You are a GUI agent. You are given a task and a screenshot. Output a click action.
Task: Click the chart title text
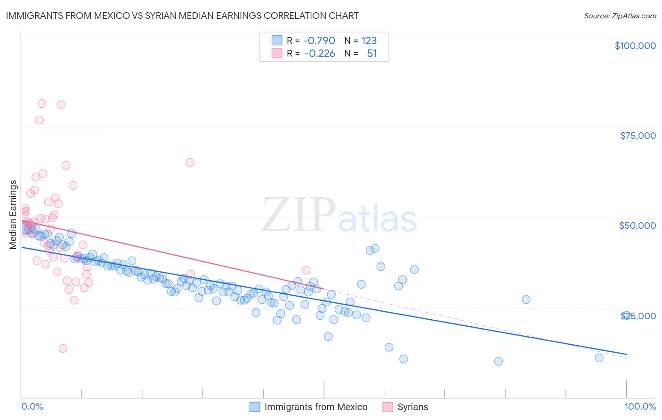[x=182, y=16]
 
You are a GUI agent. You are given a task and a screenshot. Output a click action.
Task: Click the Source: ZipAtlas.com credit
[x=620, y=16]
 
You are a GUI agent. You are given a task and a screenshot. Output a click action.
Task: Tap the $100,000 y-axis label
[x=635, y=46]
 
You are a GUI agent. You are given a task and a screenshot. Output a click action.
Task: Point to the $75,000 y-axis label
[x=638, y=136]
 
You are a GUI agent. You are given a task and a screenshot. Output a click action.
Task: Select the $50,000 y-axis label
[x=638, y=226]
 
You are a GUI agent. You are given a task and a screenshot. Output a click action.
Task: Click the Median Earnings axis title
[x=13, y=214]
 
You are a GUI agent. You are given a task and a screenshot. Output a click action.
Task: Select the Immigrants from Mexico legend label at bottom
[x=315, y=407]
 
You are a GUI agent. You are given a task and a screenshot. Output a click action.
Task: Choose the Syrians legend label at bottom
[x=412, y=407]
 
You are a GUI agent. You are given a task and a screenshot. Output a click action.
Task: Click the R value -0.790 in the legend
[x=319, y=40]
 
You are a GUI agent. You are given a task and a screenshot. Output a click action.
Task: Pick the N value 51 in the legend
[x=372, y=54]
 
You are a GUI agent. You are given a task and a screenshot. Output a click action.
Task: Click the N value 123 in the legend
[x=369, y=40]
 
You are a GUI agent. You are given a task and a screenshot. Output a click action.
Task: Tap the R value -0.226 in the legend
[x=319, y=54]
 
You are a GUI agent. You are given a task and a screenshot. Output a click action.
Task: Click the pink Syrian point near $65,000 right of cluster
[x=190, y=162]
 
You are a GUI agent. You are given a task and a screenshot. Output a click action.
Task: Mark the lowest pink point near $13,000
[x=63, y=348]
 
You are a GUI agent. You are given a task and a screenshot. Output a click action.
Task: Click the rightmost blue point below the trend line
[x=599, y=358]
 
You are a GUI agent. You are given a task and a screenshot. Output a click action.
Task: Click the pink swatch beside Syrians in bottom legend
[x=388, y=407]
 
